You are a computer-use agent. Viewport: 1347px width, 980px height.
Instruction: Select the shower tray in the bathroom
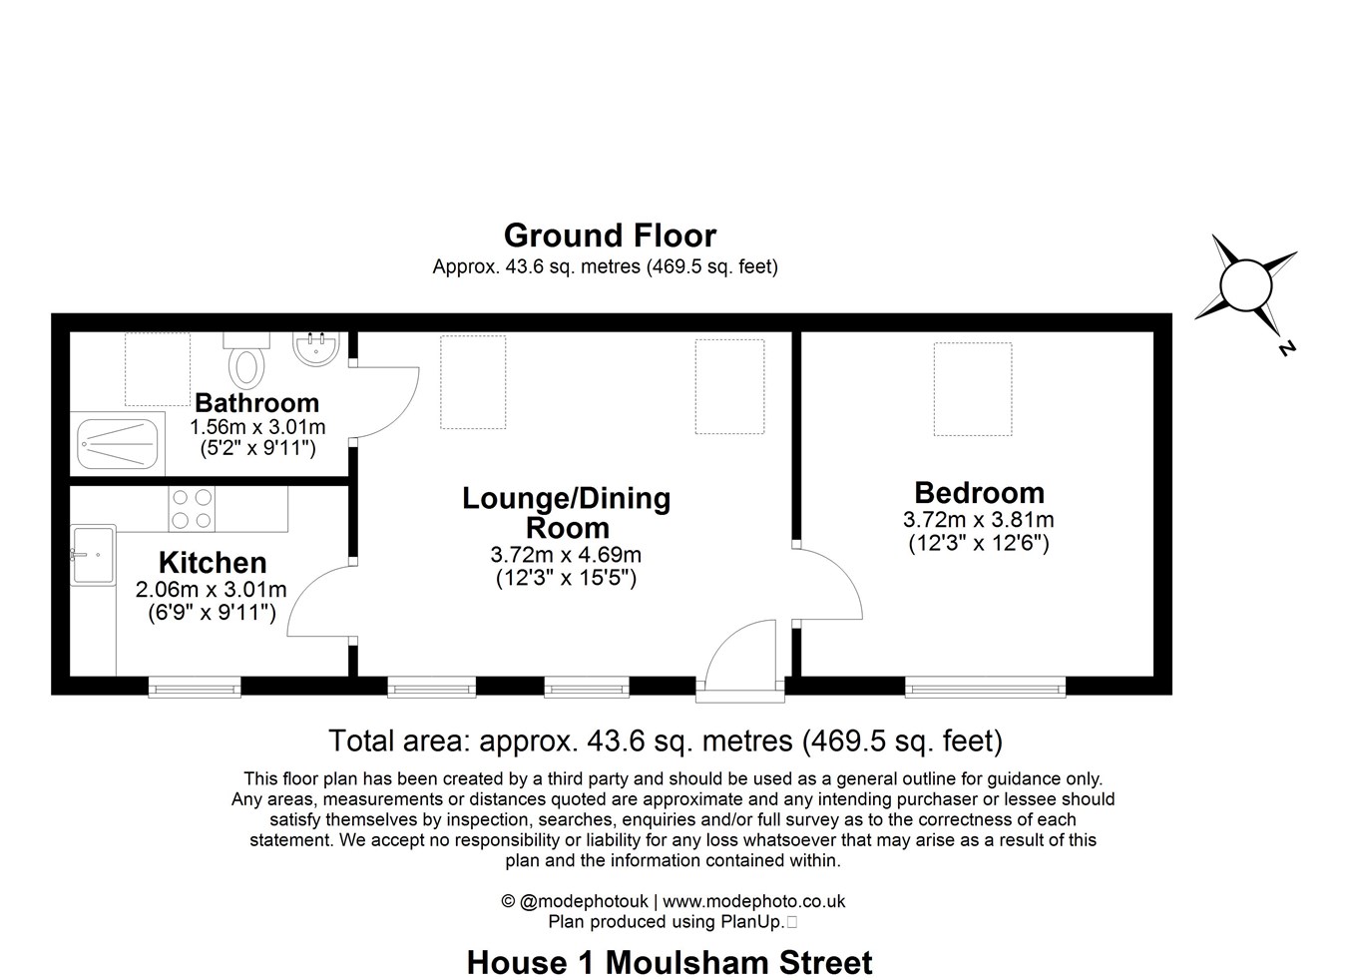pos(118,443)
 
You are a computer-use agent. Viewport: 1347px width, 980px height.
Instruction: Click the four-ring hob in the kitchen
pos(192,509)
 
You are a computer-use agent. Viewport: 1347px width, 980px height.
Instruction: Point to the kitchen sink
pos(93,555)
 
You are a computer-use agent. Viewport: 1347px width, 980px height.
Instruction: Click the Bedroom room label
pos(979,493)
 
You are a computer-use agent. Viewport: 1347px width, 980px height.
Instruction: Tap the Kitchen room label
pos(213,563)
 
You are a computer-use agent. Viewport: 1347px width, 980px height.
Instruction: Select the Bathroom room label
pos(256,402)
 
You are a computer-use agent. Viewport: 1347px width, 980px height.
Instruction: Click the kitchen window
pos(195,687)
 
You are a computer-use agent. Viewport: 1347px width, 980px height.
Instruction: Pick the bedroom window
pos(985,687)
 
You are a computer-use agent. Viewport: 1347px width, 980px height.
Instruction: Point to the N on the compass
pos(1286,347)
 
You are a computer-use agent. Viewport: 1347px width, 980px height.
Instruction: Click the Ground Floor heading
pos(610,236)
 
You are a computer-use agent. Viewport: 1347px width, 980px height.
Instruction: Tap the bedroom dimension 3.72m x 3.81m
pos(979,519)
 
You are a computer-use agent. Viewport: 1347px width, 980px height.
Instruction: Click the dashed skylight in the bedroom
pos(973,389)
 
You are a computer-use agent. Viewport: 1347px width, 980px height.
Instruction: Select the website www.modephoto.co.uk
pos(753,900)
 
